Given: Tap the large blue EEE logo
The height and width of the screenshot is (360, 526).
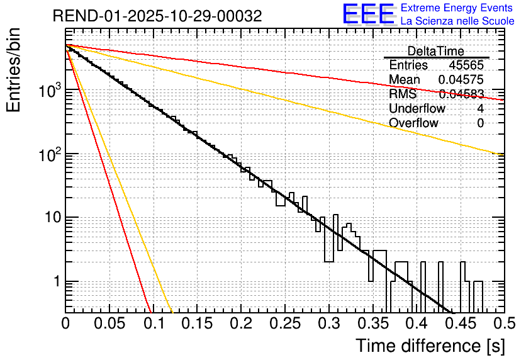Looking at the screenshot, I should (368, 15).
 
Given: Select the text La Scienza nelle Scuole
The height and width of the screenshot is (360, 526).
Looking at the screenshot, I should (457, 21).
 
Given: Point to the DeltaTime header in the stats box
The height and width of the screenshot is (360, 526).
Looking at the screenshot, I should (436, 51).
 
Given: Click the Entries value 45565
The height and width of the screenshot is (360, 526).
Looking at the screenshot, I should (466, 65).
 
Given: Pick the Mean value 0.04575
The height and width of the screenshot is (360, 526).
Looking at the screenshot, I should (461, 80).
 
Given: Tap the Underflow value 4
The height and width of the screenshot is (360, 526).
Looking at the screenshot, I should (481, 108).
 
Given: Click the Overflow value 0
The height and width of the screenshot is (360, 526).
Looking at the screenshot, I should (481, 123).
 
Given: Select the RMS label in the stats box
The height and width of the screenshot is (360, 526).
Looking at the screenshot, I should (403, 94).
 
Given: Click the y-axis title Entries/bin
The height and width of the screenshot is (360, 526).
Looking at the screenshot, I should (14, 70).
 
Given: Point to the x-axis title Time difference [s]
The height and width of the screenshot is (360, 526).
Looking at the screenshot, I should (430, 346).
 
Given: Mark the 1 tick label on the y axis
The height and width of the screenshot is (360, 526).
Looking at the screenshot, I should (55, 282).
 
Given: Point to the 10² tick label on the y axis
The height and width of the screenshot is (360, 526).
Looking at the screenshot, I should (47, 154).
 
